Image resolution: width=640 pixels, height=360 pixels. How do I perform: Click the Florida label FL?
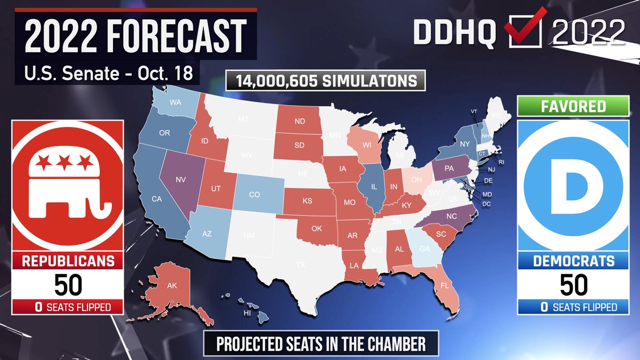pos(444,285)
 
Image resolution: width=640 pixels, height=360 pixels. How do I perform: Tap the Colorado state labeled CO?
pos(254,195)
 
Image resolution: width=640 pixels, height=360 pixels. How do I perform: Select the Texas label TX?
pos(301,264)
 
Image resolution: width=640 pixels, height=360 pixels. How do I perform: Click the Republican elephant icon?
pos(67,184)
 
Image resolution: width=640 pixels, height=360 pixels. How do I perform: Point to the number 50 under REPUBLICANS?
pos(67,285)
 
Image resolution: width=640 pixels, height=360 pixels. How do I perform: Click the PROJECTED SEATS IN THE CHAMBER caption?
pos(321,344)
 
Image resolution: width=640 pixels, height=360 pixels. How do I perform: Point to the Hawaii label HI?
pos(247,314)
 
